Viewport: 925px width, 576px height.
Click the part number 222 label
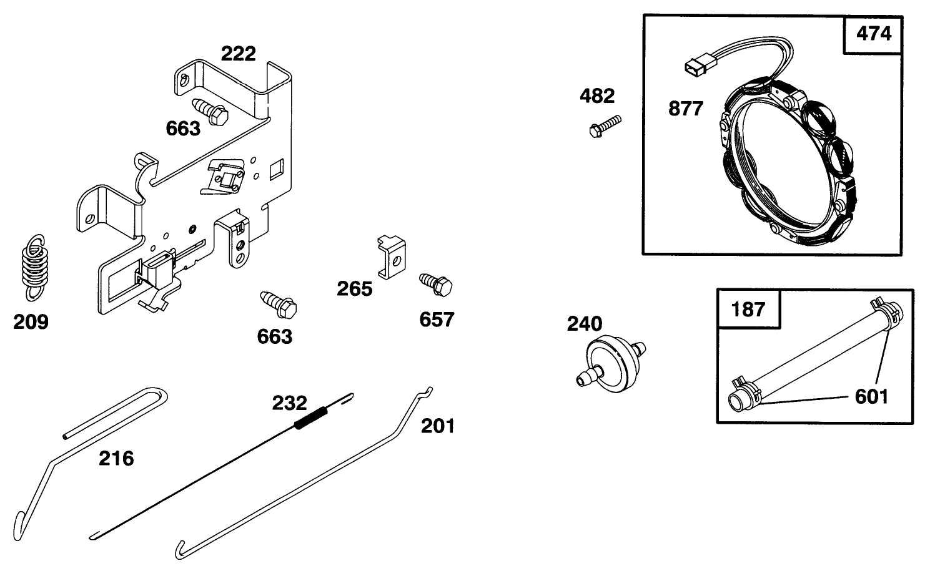click(x=239, y=54)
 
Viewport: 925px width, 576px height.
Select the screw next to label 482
click(x=605, y=124)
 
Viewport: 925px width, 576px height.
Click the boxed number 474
click(x=873, y=34)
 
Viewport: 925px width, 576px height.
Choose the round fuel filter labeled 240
click(x=608, y=364)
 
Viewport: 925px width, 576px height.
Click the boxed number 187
click(x=748, y=309)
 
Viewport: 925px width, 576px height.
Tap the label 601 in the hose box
click(x=871, y=396)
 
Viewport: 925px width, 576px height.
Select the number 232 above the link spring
click(x=289, y=403)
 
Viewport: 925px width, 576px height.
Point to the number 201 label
click(x=437, y=426)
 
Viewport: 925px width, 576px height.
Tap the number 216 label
click(x=116, y=459)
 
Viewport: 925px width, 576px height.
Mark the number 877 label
click(x=685, y=109)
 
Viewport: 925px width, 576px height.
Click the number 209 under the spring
click(x=31, y=322)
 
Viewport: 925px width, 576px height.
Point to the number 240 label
click(x=585, y=324)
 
